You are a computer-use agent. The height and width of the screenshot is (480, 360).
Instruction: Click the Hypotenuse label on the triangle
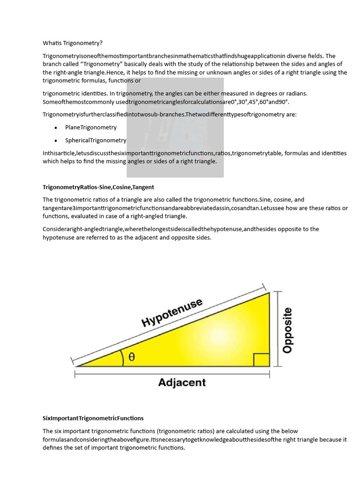click(172, 313)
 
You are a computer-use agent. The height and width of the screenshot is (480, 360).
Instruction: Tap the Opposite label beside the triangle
click(287, 330)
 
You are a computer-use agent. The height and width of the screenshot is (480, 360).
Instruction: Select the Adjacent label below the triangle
click(182, 382)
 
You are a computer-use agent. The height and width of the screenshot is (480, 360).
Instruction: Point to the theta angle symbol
click(132, 357)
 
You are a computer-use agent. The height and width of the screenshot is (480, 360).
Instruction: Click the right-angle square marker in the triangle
click(262, 360)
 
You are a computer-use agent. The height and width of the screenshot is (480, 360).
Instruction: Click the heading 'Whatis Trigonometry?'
click(72, 43)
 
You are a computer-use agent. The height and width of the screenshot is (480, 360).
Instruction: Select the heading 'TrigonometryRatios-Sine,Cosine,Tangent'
click(98, 187)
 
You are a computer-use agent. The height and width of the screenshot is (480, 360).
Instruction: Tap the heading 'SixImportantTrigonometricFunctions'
click(93, 418)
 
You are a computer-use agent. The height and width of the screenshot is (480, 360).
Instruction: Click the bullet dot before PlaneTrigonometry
click(56, 128)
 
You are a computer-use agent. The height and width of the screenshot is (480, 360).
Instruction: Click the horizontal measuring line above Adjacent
click(172, 374)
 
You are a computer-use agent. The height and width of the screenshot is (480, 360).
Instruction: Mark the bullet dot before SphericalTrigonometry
click(56, 141)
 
